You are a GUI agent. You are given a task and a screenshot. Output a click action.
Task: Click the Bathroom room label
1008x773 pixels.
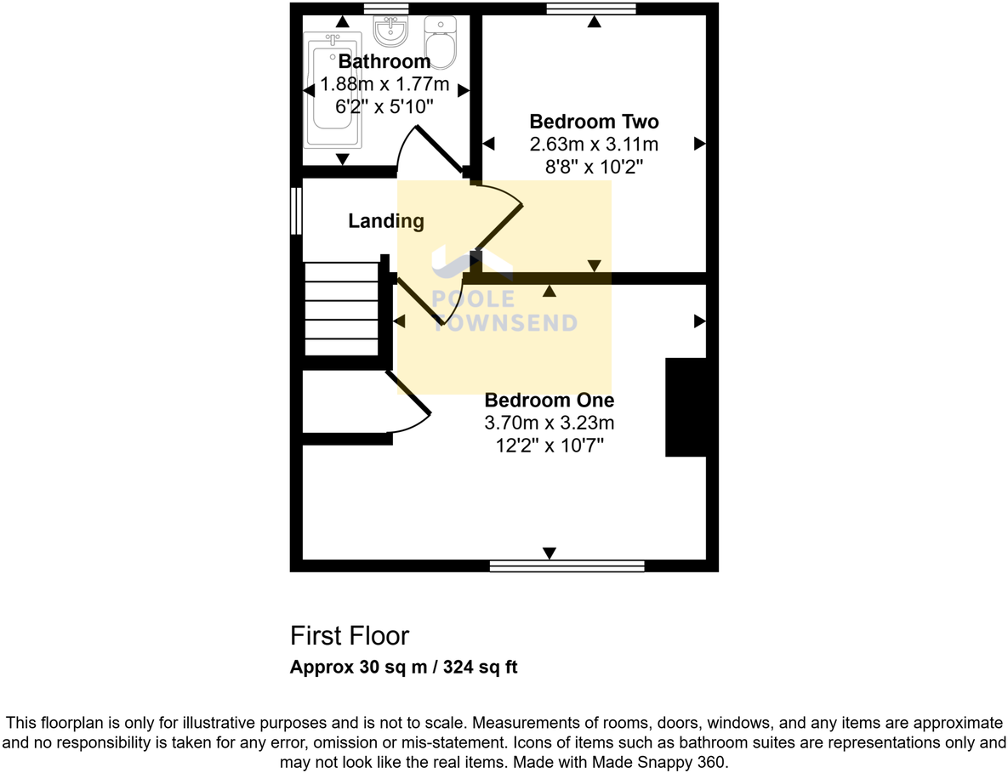[384, 62]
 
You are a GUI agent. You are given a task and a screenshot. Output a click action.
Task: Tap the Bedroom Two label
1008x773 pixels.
[594, 122]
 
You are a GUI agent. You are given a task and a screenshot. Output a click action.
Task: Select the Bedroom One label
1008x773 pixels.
[549, 400]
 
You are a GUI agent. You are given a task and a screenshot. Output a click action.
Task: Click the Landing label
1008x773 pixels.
[385, 222]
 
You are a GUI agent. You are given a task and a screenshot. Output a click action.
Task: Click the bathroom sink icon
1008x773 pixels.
[390, 31]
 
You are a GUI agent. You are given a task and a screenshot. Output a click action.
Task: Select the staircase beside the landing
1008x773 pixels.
[341, 308]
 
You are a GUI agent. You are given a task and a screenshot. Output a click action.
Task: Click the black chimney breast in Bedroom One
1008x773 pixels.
[686, 407]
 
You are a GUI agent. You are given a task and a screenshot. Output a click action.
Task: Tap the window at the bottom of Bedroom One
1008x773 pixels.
[567, 566]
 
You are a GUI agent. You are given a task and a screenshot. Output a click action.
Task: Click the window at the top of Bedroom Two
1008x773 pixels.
[591, 9]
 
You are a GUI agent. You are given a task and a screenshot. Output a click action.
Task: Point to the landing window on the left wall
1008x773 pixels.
[296, 211]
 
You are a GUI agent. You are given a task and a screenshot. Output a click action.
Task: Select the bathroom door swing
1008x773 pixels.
[430, 150]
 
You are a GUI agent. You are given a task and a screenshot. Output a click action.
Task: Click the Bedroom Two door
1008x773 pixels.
[497, 225]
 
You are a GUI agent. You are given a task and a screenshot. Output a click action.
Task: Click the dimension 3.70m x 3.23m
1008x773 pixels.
[549, 423]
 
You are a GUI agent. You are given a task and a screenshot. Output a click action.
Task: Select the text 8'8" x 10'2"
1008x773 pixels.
[594, 167]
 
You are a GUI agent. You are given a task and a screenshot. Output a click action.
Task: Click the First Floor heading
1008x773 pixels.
[350, 636]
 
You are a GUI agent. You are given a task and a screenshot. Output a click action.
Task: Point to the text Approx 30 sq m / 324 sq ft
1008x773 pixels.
[403, 668]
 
